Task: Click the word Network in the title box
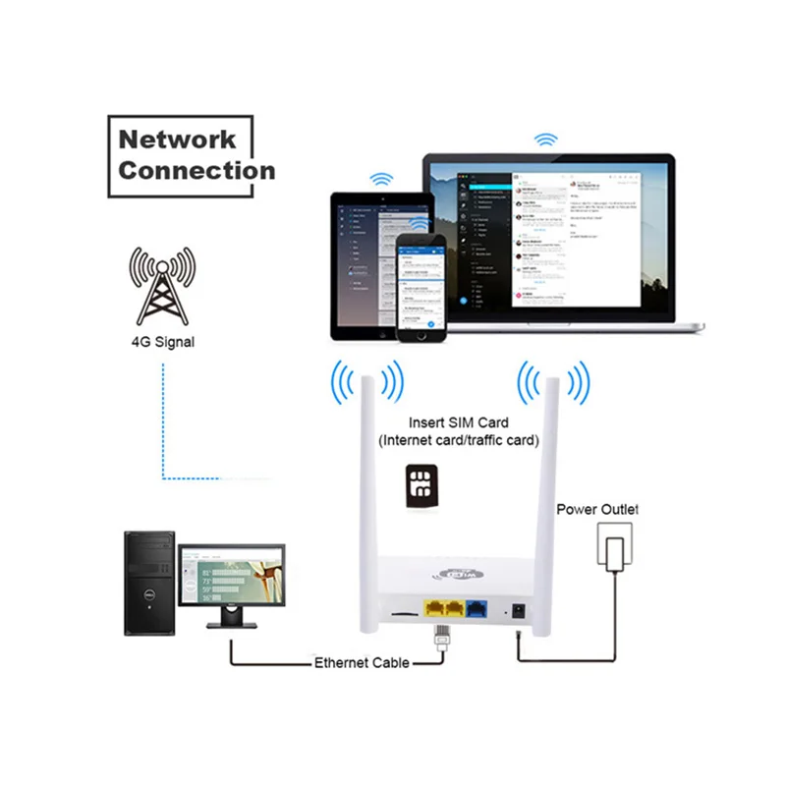coord(177,139)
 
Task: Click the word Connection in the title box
coord(196,170)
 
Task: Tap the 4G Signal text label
coord(162,343)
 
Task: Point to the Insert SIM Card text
coord(460,422)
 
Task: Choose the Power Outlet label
coord(597,509)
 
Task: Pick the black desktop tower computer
coord(149,584)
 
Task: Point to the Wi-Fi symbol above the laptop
coord(543,139)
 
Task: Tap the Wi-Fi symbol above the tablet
coord(380,180)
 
